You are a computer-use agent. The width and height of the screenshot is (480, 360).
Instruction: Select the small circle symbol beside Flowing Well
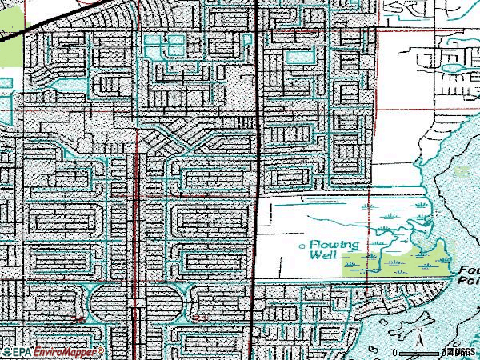click(x=301, y=246)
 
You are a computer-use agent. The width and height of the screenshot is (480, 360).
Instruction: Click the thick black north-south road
click(x=255, y=160)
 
